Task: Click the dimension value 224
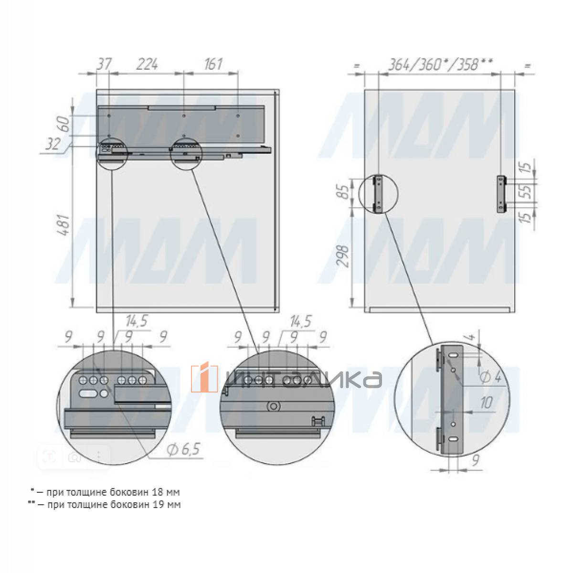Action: [x=147, y=64]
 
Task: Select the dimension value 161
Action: [x=213, y=64]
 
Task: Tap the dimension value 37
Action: [x=104, y=64]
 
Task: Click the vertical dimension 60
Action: [x=65, y=125]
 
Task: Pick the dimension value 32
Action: [x=53, y=144]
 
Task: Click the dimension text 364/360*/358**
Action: [x=440, y=64]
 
